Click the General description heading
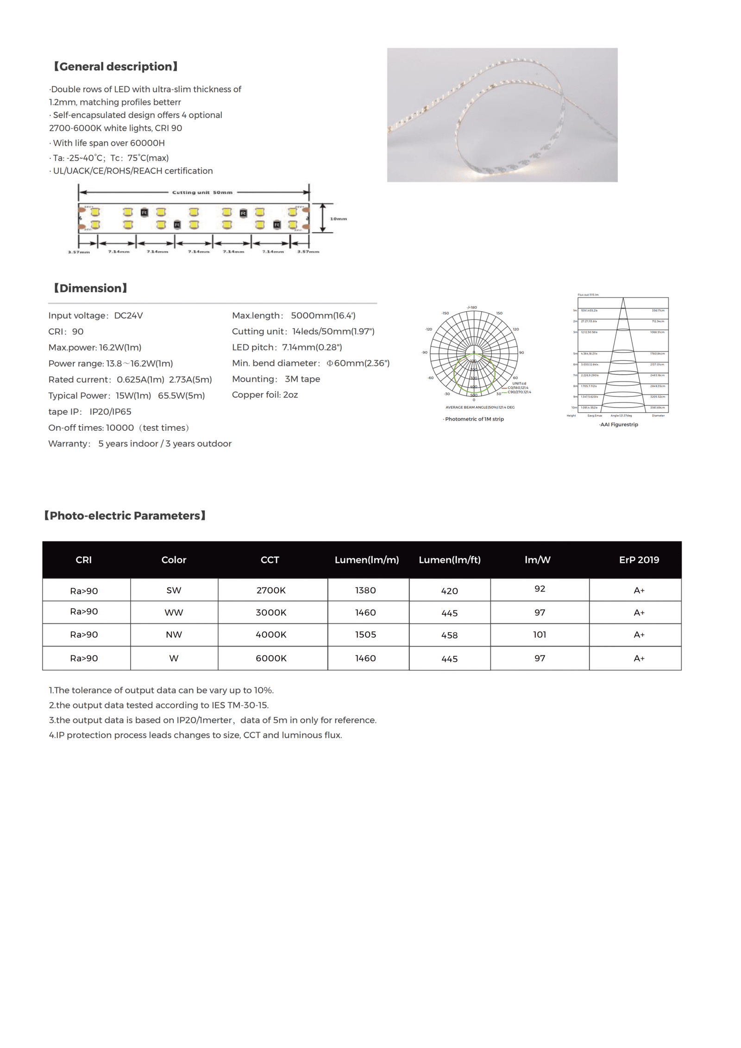pyautogui.click(x=115, y=67)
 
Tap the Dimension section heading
pyautogui.click(x=90, y=289)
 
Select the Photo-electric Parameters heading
pyautogui.click(x=125, y=516)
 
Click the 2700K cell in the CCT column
pyautogui.click(x=271, y=590)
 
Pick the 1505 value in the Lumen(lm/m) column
pyautogui.click(x=365, y=635)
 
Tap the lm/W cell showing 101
pyautogui.click(x=540, y=635)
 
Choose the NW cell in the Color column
pyautogui.click(x=174, y=635)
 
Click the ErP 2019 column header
pyautogui.click(x=639, y=560)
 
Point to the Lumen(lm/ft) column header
pyautogui.click(x=449, y=560)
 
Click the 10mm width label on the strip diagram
pyautogui.click(x=338, y=219)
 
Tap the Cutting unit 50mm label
pyautogui.click(x=202, y=192)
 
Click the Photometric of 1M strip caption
pyautogui.click(x=474, y=419)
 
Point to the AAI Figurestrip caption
pyautogui.click(x=619, y=425)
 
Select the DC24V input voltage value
pyautogui.click(x=128, y=316)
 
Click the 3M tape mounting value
pyautogui.click(x=302, y=379)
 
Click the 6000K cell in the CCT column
pyautogui.click(x=271, y=659)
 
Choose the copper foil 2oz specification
pyautogui.click(x=265, y=395)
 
